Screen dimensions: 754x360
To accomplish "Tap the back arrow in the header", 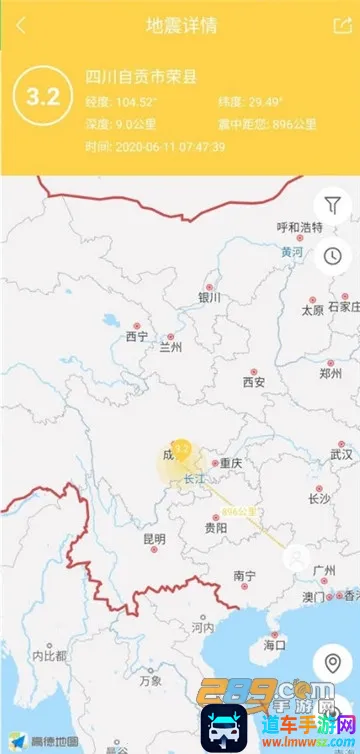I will pyautogui.click(x=21, y=26).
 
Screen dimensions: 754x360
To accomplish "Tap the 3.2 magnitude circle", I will pyautogui.click(x=42, y=98).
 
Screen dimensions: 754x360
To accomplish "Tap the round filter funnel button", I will pyautogui.click(x=333, y=206).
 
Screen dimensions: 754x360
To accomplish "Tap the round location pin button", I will pyautogui.click(x=333, y=663).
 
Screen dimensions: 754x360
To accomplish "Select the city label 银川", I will pyautogui.click(x=209, y=297).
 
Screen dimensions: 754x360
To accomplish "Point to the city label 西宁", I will pyautogui.click(x=136, y=336).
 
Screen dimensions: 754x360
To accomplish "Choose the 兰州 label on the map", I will pyautogui.click(x=171, y=348).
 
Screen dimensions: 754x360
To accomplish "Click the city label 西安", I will pyautogui.click(x=254, y=382).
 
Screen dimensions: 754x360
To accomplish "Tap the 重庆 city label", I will pyautogui.click(x=231, y=463).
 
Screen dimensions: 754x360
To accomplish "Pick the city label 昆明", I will pyautogui.click(x=154, y=539).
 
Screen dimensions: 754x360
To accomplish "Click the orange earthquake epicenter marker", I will pyautogui.click(x=181, y=449).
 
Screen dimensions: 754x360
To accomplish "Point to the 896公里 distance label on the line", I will pyautogui.click(x=239, y=511).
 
